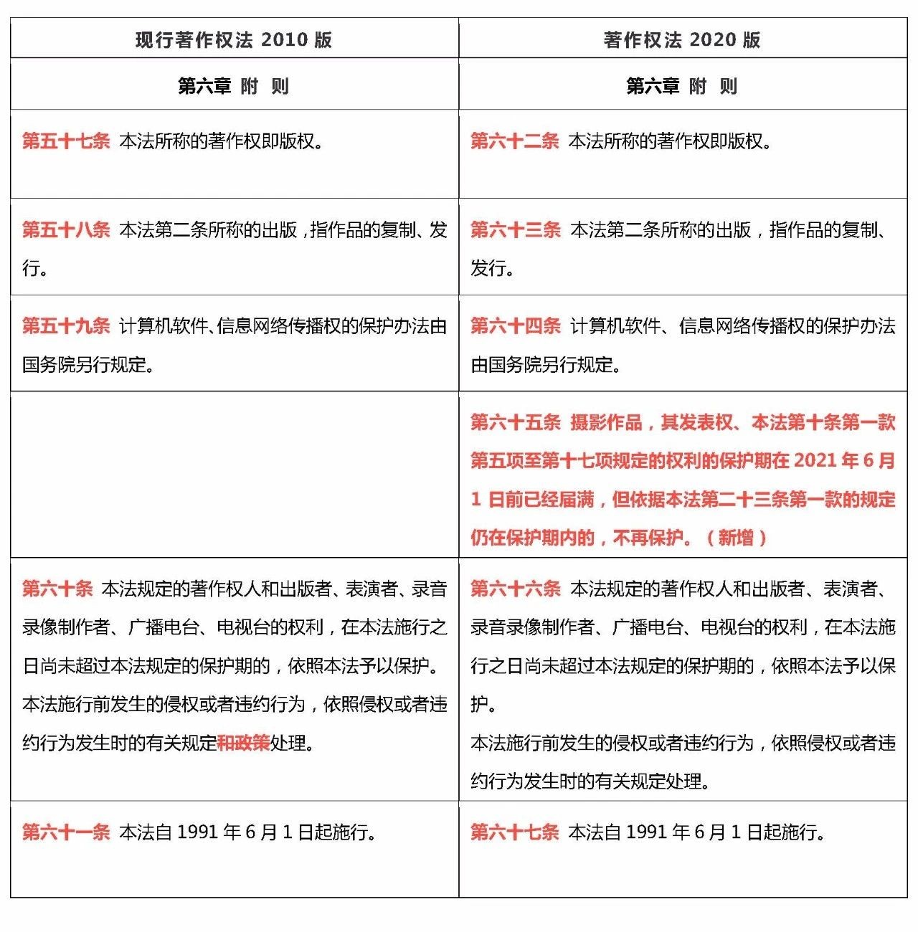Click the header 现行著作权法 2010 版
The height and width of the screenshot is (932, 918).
[x=234, y=39]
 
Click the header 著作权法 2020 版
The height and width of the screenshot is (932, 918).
[x=682, y=39]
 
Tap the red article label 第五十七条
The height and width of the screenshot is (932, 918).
[x=66, y=141]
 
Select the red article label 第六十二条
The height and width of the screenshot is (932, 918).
[x=514, y=141]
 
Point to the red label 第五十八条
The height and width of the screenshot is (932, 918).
[x=66, y=229]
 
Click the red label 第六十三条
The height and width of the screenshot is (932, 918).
[x=515, y=229]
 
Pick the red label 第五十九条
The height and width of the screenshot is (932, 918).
[x=66, y=326]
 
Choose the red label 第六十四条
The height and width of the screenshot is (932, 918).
[x=515, y=326]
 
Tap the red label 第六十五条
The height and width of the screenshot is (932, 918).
[x=515, y=422]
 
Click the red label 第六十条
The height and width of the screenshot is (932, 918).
[x=57, y=589]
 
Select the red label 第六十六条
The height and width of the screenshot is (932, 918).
[x=515, y=589]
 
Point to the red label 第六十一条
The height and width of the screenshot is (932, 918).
[x=66, y=832]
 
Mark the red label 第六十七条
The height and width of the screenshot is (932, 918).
[x=514, y=832]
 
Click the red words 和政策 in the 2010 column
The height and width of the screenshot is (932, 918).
[x=243, y=743]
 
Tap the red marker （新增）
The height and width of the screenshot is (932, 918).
[x=736, y=538]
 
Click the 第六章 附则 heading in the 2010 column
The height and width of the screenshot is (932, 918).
[x=234, y=86]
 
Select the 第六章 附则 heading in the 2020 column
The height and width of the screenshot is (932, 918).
[x=682, y=86]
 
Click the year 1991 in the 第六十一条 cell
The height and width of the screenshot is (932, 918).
[x=197, y=832]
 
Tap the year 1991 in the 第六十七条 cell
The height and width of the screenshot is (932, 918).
[x=646, y=832]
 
